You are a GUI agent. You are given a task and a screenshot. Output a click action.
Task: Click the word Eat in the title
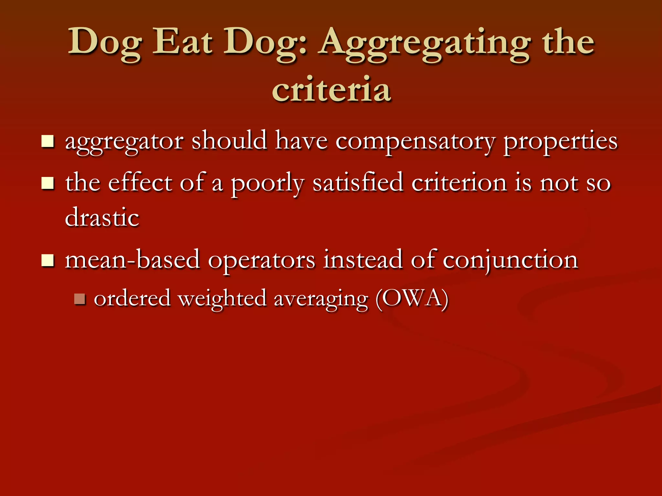182,42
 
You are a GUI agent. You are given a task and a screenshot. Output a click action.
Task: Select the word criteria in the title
331,89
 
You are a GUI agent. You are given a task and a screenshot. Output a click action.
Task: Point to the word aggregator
124,142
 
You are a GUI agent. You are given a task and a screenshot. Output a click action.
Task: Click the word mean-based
133,260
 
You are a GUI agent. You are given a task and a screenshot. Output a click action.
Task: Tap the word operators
262,260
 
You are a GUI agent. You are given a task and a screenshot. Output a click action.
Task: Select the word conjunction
510,260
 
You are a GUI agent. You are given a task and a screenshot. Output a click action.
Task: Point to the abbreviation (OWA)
412,298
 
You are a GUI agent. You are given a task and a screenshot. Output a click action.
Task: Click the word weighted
222,299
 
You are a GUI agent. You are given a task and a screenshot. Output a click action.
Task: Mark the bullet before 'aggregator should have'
48,141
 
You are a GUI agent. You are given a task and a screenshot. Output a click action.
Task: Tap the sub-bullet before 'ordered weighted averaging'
80,299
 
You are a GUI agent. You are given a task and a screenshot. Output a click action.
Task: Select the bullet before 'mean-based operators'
48,260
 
